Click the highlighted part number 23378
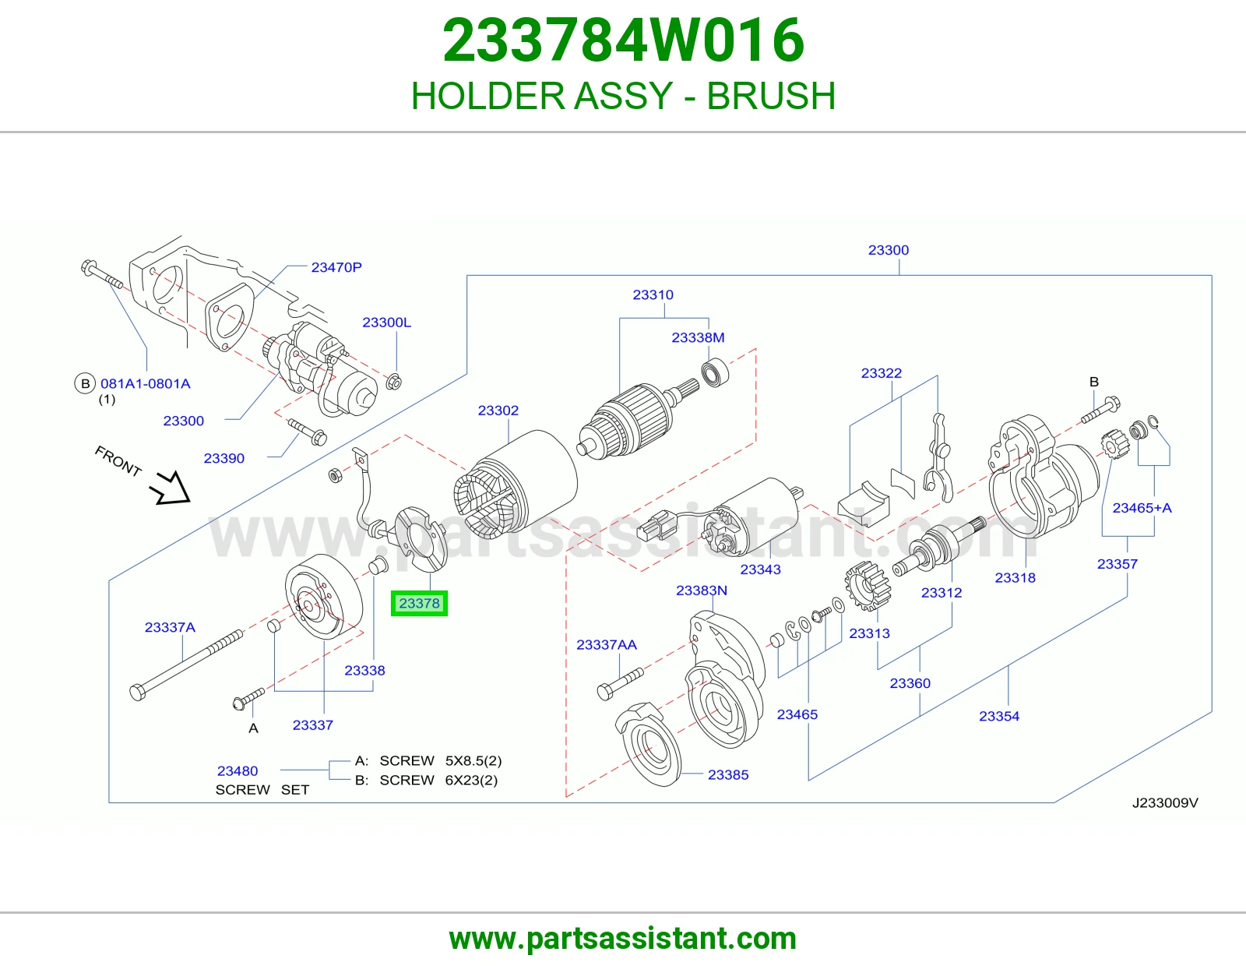[419, 604]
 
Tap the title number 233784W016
[623, 40]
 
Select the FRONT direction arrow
[170, 488]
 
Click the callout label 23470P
[336, 267]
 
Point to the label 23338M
[698, 337]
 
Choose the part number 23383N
[702, 591]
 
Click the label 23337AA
[607, 645]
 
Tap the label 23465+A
[1142, 508]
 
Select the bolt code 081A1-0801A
[145, 384]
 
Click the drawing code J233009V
[1164, 802]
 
